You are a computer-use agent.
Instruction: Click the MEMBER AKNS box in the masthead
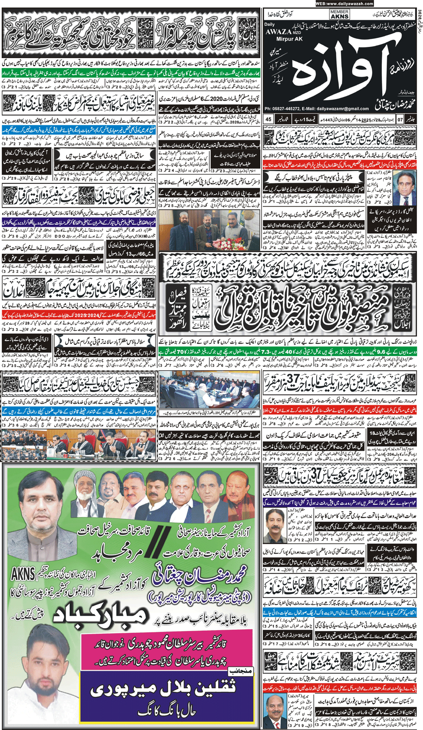coord(339,14)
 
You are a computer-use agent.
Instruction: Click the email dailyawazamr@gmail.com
coord(346,109)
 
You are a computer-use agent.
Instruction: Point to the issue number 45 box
coord(268,119)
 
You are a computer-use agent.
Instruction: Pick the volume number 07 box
coord(399,119)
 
